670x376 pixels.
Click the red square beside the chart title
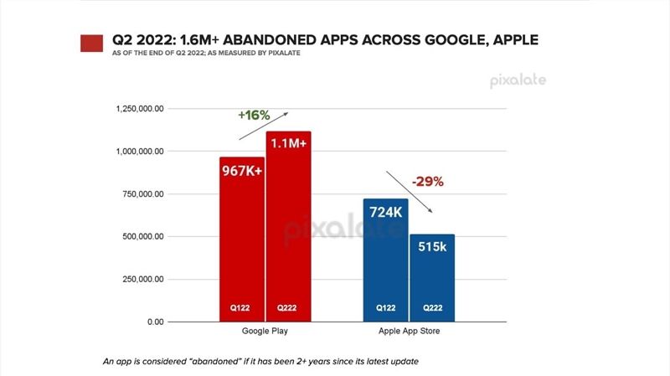(91, 43)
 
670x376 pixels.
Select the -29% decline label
(426, 181)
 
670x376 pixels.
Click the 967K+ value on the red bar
(242, 171)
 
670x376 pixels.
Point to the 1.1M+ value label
(288, 145)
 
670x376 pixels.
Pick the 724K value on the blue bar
(386, 212)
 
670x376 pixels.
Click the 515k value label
(431, 248)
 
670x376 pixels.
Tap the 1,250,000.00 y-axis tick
(138, 109)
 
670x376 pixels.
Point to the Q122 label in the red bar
(242, 308)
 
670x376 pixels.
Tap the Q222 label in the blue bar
(431, 308)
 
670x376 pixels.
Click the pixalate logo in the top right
(518, 80)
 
